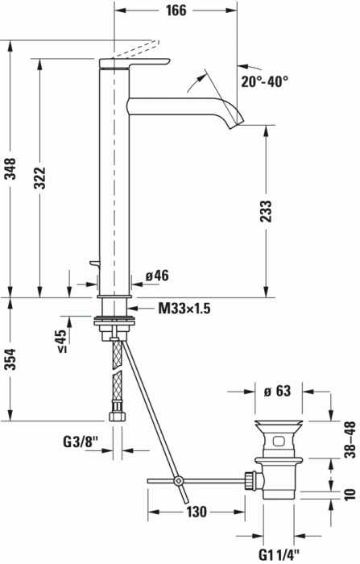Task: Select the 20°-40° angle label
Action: pos(263,81)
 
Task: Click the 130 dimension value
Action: pos(197,512)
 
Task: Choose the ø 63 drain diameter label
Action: pos(277,392)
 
